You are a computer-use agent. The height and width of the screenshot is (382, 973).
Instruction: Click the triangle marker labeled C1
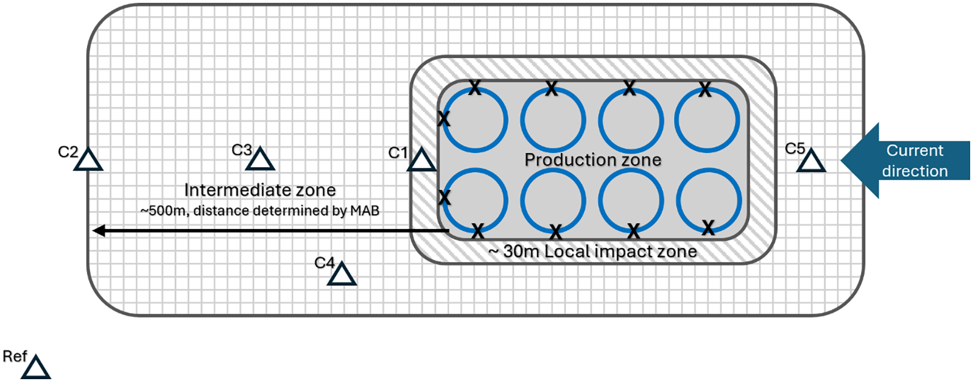421,161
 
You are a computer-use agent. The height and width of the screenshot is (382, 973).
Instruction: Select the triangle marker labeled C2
88,161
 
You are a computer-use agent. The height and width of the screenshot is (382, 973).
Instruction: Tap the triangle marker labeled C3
260,160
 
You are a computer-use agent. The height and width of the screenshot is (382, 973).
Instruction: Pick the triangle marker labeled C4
341,275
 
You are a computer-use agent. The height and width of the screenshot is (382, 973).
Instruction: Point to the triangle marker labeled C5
811,162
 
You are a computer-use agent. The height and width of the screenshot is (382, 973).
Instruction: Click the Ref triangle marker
36,368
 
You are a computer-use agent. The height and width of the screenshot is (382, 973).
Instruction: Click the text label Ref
14,356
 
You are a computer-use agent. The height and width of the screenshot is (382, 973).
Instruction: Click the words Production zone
592,160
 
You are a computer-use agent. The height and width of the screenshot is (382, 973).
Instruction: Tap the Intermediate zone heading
260,190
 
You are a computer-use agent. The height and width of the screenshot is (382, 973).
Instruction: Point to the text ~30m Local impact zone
592,251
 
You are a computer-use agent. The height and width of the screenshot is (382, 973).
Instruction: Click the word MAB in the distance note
365,211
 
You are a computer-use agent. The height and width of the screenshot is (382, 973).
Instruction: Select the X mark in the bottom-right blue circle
708,228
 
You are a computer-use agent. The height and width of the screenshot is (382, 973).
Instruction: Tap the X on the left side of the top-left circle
444,119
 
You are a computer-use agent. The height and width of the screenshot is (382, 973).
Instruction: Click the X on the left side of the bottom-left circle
444,198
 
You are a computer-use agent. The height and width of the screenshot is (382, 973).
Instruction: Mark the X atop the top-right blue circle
705,89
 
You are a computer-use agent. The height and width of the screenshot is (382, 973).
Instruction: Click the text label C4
324,263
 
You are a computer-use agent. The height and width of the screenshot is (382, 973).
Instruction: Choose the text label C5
795,149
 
